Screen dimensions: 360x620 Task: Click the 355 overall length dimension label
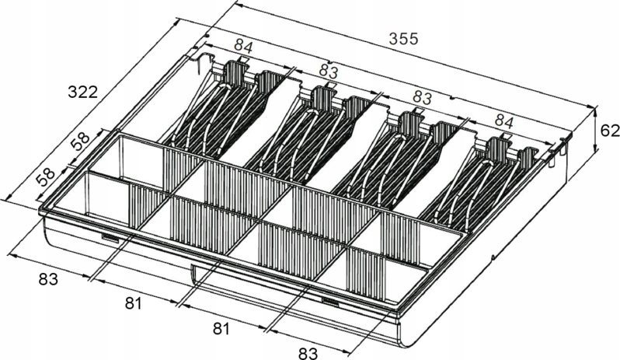(x=403, y=38)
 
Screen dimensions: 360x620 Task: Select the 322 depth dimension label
(x=82, y=92)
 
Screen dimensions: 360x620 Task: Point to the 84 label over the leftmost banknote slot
(x=243, y=47)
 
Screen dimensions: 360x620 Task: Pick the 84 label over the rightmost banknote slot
(x=504, y=122)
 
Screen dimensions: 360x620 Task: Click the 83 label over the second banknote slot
(x=329, y=72)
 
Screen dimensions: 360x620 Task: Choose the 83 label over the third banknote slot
(x=422, y=98)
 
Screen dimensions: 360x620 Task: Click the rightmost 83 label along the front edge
(x=307, y=353)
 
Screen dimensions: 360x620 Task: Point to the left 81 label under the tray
(x=134, y=303)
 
